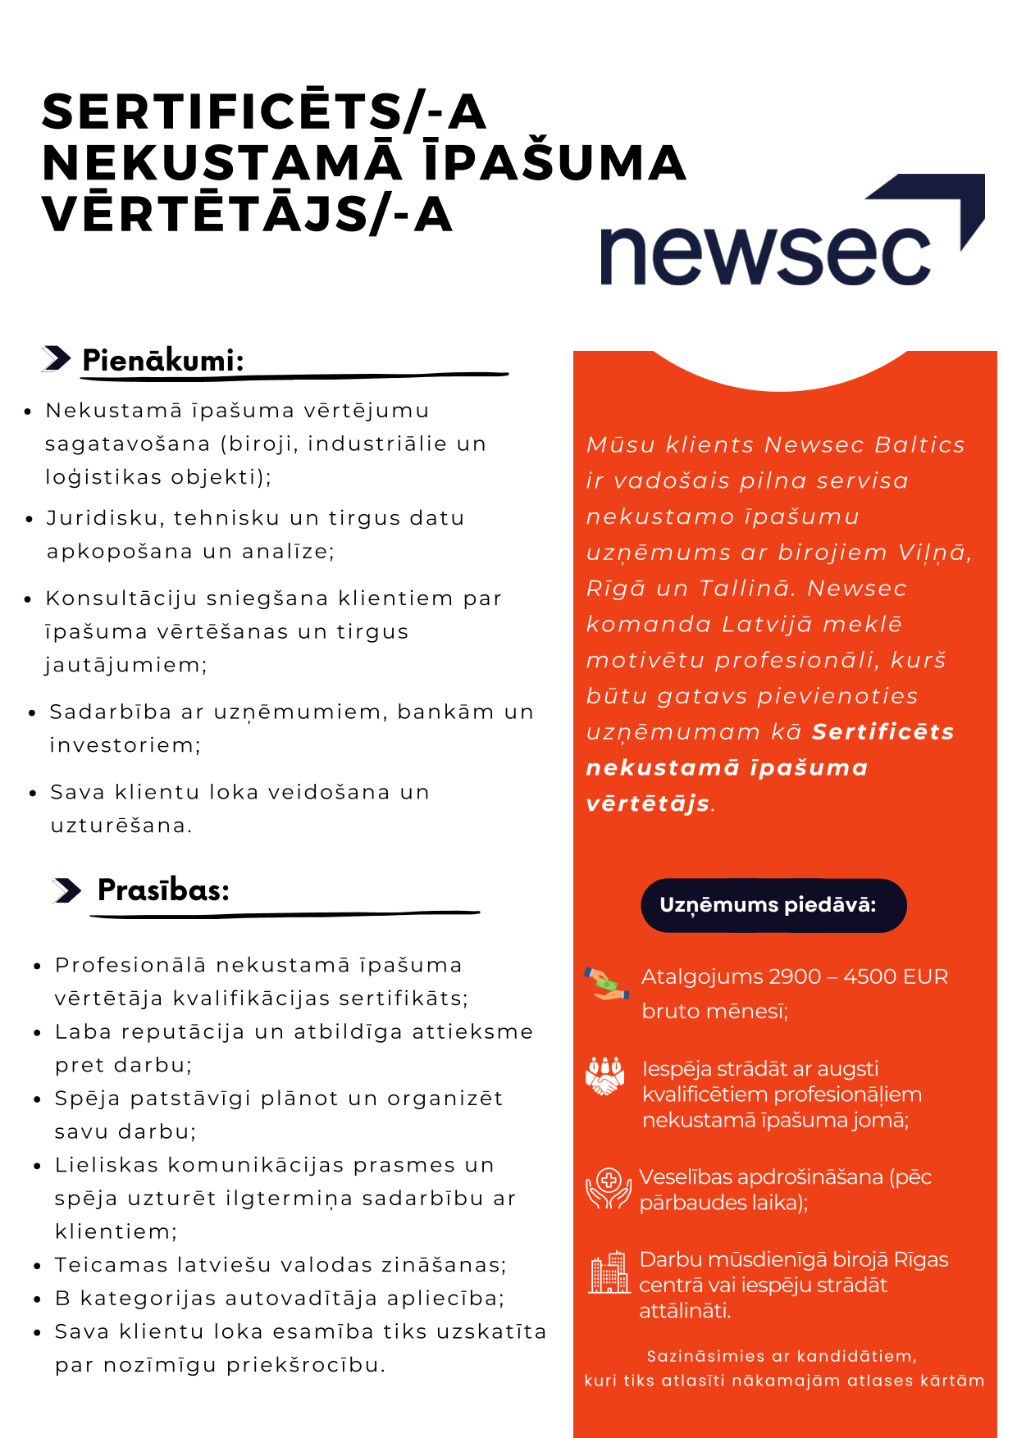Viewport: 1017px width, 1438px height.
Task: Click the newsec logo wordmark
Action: (765, 255)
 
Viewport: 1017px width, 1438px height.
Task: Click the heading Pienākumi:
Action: (163, 360)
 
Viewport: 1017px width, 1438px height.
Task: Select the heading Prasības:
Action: (163, 890)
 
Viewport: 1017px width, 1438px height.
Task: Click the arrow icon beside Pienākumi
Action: (57, 359)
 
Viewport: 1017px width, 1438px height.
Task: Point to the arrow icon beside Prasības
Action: (66, 890)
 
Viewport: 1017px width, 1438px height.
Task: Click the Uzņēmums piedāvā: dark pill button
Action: (773, 905)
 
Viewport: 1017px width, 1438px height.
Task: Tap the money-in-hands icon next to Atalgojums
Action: (606, 983)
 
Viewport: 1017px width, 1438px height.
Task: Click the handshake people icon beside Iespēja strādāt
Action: (605, 1076)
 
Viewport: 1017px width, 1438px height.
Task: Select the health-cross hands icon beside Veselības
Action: (608, 1189)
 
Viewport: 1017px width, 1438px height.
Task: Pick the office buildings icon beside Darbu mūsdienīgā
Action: (609, 1273)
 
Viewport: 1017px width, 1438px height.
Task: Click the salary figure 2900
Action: (796, 976)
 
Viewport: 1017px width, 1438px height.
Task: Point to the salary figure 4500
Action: (869, 976)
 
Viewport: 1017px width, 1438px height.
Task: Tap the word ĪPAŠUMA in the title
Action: (555, 162)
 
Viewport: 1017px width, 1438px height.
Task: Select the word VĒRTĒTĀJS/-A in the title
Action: (247, 214)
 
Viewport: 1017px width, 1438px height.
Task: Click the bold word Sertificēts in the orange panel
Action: (882, 731)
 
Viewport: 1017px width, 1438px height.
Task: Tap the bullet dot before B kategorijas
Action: (38, 1299)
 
